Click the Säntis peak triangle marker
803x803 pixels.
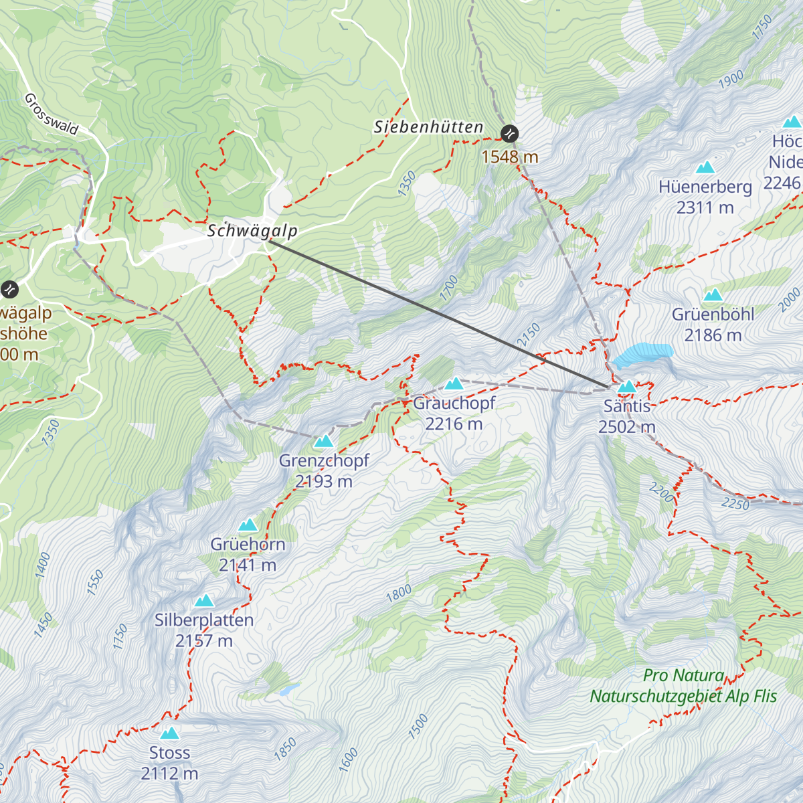(x=627, y=387)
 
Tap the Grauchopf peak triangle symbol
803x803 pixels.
(x=454, y=383)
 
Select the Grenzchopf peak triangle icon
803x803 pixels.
(x=324, y=441)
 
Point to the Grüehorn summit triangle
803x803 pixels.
(x=248, y=525)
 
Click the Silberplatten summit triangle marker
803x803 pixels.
(x=204, y=601)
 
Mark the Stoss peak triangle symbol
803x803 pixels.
(x=170, y=733)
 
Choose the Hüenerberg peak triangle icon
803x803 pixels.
(x=705, y=167)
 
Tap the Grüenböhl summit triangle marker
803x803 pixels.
(x=713, y=295)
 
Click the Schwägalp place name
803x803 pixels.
(x=252, y=231)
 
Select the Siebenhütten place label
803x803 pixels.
(x=428, y=127)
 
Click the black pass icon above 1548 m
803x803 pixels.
(x=510, y=133)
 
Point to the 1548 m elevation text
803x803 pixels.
(x=510, y=157)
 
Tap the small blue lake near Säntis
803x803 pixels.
(x=642, y=353)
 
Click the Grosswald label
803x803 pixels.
(x=52, y=114)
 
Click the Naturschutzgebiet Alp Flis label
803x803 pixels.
(x=683, y=696)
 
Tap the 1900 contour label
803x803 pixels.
(x=731, y=80)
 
